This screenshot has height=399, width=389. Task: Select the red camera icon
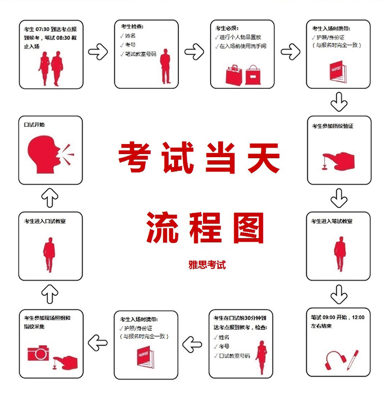coord(38,353)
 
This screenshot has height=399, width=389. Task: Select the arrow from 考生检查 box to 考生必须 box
coord(194,53)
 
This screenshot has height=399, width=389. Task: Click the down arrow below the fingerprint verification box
coord(338,198)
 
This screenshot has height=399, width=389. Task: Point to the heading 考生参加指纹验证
coord(333,126)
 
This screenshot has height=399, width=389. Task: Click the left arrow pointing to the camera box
coord(98,343)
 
